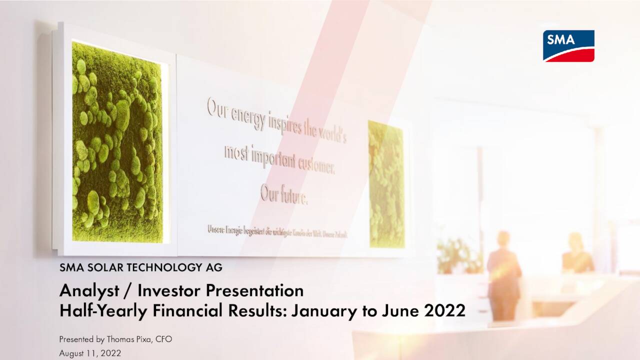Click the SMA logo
click(x=568, y=45)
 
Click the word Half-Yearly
click(x=103, y=311)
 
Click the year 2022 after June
click(x=444, y=311)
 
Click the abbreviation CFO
click(x=163, y=339)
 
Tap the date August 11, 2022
click(x=90, y=353)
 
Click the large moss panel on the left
click(x=117, y=142)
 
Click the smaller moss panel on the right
click(x=386, y=184)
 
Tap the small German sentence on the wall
click(x=277, y=231)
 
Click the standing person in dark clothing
click(x=503, y=274)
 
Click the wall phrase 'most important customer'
click(x=278, y=158)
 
